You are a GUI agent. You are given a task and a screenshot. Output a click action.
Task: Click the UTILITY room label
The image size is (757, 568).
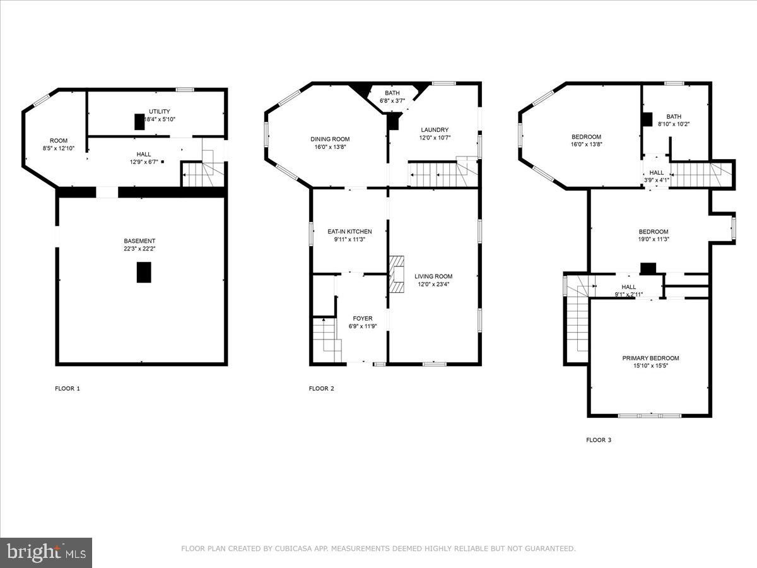[160, 112]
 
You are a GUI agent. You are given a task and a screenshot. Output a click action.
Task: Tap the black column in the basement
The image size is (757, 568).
[144, 272]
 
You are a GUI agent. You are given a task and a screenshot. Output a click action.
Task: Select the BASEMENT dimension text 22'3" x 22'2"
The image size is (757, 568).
[139, 249]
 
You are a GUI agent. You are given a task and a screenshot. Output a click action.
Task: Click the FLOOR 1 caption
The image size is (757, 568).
[67, 388]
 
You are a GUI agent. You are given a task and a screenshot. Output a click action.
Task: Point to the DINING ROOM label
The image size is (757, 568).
[330, 139]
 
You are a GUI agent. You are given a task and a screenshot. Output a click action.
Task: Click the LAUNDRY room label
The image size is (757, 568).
[435, 129]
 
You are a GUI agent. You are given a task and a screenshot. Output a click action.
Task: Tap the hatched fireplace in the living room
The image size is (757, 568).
[397, 274]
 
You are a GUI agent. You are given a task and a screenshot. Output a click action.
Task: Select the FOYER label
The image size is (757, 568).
[363, 318]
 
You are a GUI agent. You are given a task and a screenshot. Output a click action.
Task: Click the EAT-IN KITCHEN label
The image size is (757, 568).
[349, 232]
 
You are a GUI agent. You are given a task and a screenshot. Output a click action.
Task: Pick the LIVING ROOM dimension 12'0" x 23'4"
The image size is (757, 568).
[433, 284]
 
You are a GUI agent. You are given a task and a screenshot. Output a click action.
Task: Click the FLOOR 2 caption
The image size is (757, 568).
[322, 388]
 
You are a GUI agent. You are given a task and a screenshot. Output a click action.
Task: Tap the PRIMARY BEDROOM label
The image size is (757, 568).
[651, 358]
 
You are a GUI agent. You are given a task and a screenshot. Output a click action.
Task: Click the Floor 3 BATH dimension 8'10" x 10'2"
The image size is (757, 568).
[674, 124]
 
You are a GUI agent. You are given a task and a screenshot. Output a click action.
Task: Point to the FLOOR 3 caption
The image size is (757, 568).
[599, 440]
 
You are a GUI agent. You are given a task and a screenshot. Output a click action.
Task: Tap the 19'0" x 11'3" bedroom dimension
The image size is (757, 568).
[654, 239]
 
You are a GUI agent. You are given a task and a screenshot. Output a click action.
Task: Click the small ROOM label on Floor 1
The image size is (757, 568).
[59, 140]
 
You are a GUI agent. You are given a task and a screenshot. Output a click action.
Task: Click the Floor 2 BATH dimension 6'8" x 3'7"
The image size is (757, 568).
[392, 101]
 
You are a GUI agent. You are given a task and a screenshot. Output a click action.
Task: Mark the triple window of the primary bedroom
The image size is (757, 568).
[650, 415]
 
